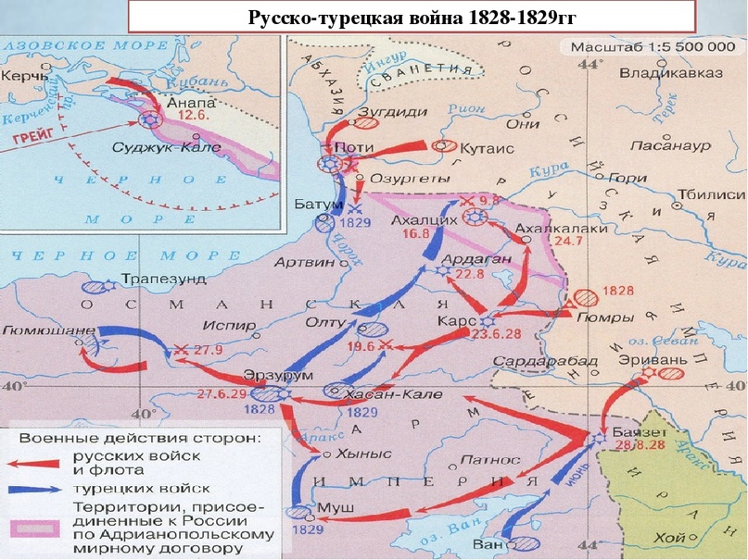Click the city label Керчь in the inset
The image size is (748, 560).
[27, 80]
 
